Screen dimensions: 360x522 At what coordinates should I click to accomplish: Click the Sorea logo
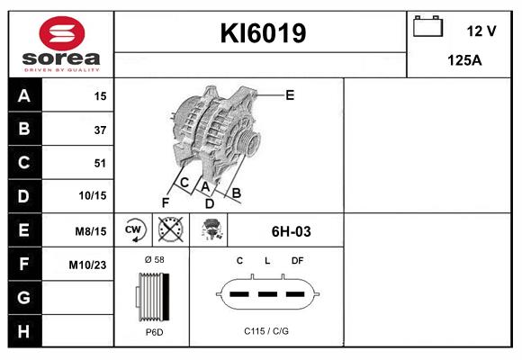pyautogui.click(x=61, y=43)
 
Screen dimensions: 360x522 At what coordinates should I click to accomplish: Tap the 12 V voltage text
pyautogui.click(x=481, y=31)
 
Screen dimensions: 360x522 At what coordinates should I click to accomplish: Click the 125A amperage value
pyautogui.click(x=464, y=60)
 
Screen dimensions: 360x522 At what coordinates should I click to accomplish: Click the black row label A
pyautogui.click(x=23, y=96)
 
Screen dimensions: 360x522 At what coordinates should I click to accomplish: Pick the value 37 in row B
pyautogui.click(x=100, y=130)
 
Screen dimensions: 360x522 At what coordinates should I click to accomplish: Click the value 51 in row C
pyautogui.click(x=100, y=163)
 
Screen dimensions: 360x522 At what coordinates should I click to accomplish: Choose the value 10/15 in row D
pyautogui.click(x=93, y=196)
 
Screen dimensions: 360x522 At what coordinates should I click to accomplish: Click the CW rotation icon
pyautogui.click(x=134, y=230)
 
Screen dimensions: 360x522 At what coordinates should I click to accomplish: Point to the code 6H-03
pyautogui.click(x=291, y=231)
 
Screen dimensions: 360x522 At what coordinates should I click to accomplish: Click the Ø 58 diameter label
pyautogui.click(x=153, y=261)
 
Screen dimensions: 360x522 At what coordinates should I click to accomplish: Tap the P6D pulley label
pyautogui.click(x=153, y=331)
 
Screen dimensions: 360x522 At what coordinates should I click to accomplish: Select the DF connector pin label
pyautogui.click(x=297, y=261)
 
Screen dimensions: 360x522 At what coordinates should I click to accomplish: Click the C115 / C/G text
pyautogui.click(x=266, y=331)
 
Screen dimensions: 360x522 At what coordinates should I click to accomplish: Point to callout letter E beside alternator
pyautogui.click(x=290, y=94)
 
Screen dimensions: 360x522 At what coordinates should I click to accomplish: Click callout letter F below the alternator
pyautogui.click(x=165, y=202)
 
